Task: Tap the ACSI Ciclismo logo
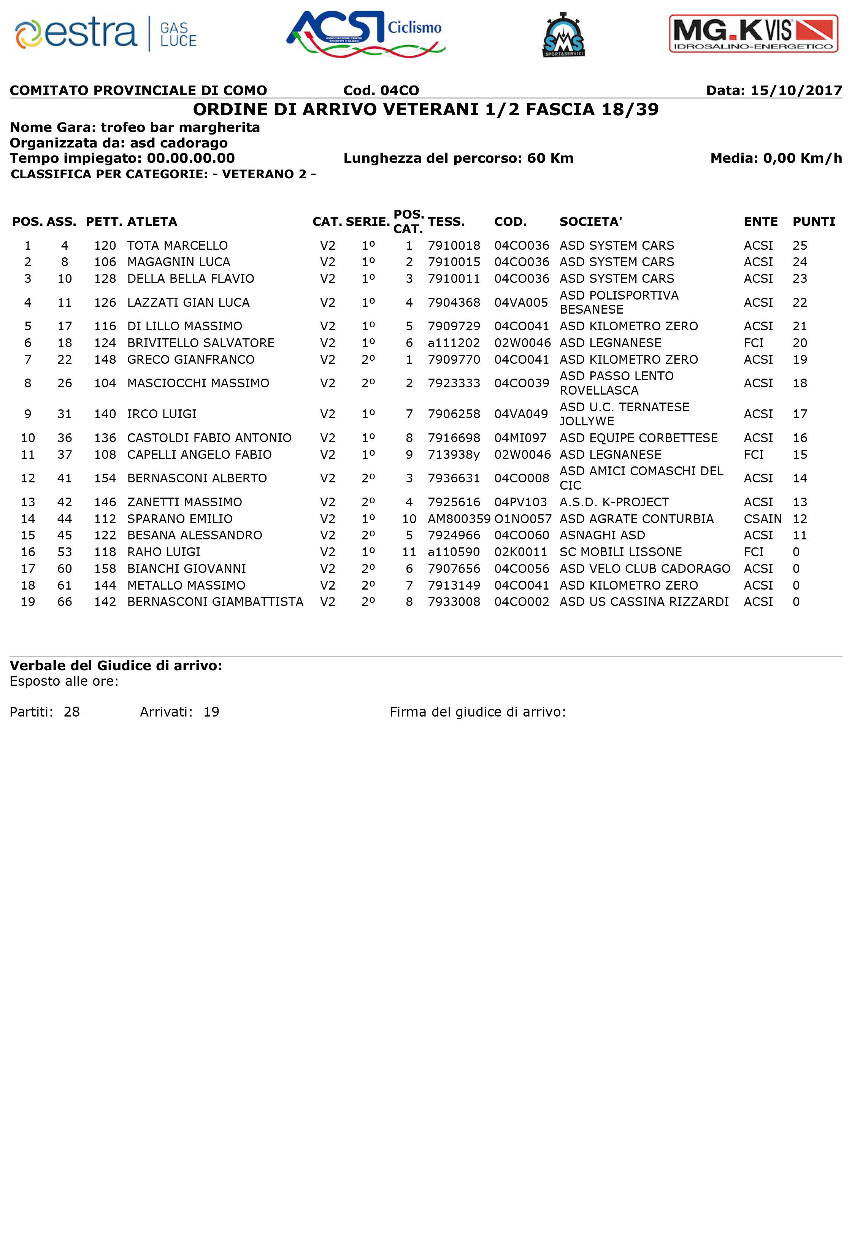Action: [x=366, y=34]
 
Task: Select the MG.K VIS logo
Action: [x=754, y=34]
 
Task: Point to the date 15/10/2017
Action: [x=796, y=90]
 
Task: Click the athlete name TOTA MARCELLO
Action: [x=177, y=246]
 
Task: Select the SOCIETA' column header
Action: [x=590, y=222]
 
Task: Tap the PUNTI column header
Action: [x=814, y=222]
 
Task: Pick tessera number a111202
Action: [x=454, y=343]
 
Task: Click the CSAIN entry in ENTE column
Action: [x=762, y=519]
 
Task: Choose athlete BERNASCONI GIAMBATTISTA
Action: [x=215, y=602]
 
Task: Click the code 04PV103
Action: [x=520, y=502]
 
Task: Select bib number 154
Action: [x=105, y=478]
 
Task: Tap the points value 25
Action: [x=800, y=246]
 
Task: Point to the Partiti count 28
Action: [x=72, y=712]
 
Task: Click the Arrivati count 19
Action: [x=211, y=712]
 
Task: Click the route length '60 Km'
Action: [x=550, y=158]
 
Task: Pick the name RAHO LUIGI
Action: [x=163, y=552]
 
